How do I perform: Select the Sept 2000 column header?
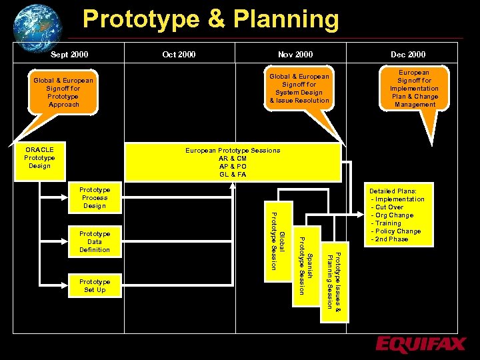pos(69,54)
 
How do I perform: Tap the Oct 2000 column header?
pos(179,54)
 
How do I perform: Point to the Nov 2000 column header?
pos(295,54)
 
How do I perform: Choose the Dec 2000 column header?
pos(408,54)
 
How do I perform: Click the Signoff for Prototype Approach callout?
pos(63,93)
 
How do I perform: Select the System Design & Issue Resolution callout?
pos(299,89)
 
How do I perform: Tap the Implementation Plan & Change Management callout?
pos(414,88)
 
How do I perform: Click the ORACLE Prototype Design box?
pos(39,157)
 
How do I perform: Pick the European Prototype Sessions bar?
pos(233,163)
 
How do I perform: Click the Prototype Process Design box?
pos(95,198)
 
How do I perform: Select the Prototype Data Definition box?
pos(95,241)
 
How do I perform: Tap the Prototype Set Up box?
pos(95,286)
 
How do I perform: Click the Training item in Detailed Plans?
pos(388,223)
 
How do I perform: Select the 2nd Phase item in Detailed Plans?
pos(391,239)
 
